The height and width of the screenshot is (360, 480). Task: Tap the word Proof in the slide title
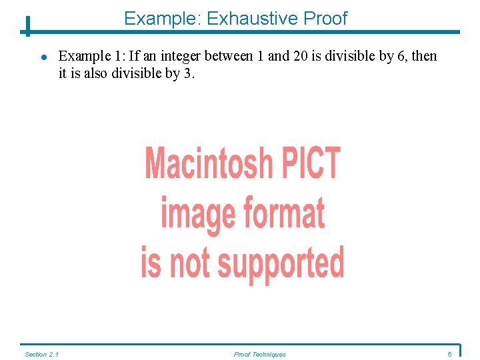coord(325,19)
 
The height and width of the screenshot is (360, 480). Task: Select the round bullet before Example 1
coord(43,57)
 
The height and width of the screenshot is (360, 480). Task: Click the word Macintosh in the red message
coord(209,163)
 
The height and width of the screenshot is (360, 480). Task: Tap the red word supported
coord(281,263)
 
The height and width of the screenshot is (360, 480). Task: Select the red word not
coord(189,263)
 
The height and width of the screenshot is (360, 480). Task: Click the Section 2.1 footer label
coord(41,354)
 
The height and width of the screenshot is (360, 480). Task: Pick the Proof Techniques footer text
coord(259,354)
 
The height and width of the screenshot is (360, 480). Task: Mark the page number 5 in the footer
coord(449,354)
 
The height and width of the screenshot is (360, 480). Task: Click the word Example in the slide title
coord(162,19)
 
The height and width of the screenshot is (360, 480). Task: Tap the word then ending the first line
coord(424,56)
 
